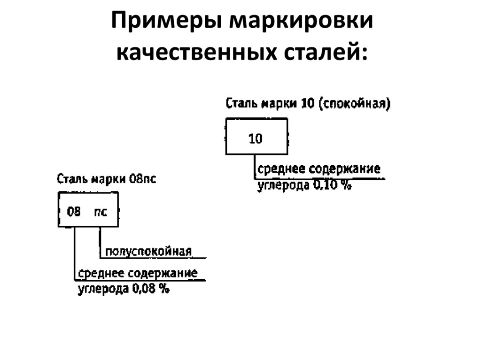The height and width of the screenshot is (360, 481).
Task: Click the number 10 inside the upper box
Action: tap(256, 138)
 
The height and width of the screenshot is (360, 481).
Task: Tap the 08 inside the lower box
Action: tap(74, 212)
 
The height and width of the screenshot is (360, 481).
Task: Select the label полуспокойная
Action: tap(148, 252)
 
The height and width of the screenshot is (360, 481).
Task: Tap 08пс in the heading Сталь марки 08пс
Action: tap(142, 179)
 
